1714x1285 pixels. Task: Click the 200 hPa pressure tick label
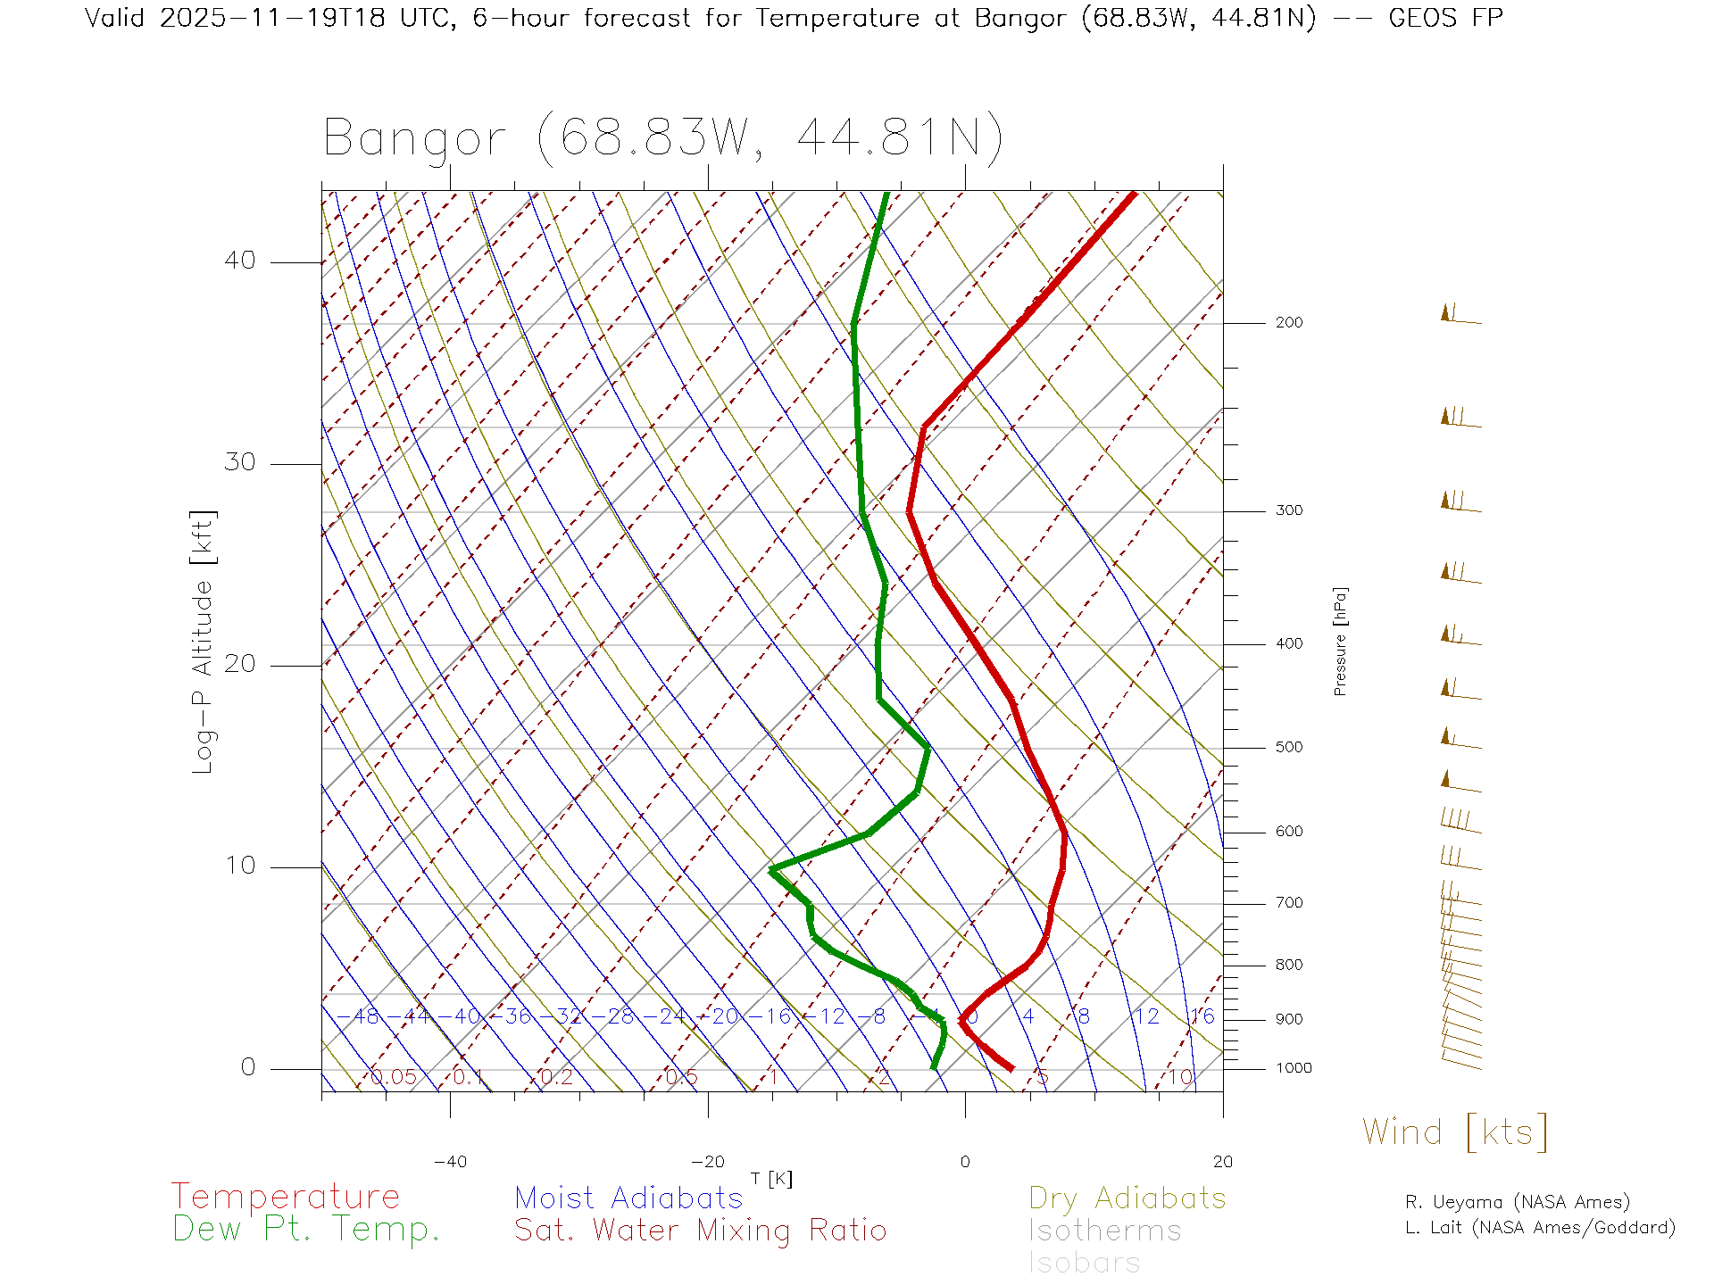click(1288, 323)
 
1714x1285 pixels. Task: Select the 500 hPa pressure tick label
click(1288, 748)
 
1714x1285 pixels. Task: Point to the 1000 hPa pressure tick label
click(1294, 1068)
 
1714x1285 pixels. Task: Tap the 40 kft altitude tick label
click(239, 261)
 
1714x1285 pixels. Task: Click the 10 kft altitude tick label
click(239, 866)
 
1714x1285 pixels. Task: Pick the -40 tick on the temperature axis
click(450, 1162)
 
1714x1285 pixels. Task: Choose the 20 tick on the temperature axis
click(1222, 1162)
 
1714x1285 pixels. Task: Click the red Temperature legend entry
click(285, 1197)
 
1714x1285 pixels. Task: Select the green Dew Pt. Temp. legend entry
click(306, 1230)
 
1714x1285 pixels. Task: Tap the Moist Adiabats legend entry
click(628, 1198)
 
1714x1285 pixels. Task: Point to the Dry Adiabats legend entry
click(1127, 1198)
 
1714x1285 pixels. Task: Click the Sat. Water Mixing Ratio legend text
click(700, 1231)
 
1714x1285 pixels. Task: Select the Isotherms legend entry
click(1104, 1231)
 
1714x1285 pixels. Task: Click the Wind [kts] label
click(1454, 1132)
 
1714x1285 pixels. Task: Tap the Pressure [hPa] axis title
click(1340, 641)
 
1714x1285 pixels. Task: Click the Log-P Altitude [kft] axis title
click(204, 642)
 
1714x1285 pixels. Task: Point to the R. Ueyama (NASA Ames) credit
click(1517, 1202)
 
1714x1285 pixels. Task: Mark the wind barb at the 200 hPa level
click(1460, 315)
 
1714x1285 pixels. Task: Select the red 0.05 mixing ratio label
click(393, 1077)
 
